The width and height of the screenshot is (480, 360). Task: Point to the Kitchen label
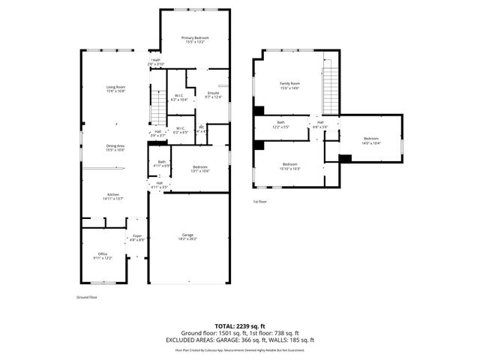pos(113,196)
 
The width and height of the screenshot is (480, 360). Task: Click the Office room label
pos(103,255)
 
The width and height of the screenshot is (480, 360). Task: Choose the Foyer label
pos(136,238)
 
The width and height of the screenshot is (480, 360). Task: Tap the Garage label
pos(187,236)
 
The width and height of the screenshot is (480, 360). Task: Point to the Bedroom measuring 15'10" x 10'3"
pos(290,166)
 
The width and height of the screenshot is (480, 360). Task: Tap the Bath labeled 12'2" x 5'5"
pos(280,124)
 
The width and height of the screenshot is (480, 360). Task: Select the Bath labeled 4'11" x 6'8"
pos(162,163)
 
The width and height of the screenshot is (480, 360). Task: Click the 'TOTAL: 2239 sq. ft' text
pos(239,326)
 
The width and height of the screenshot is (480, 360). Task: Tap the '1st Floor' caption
pos(260,202)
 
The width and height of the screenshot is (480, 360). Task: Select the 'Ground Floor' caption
pos(87,297)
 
